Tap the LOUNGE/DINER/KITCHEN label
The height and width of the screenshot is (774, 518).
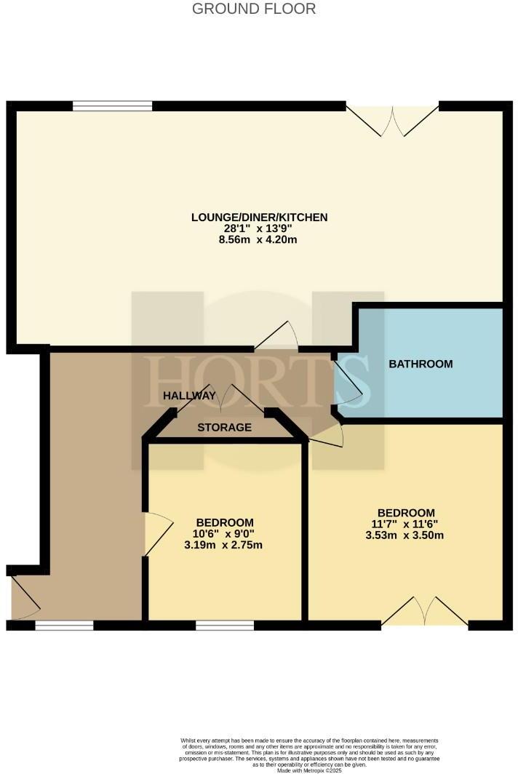tap(259, 217)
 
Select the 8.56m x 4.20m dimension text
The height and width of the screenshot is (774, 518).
tap(259, 239)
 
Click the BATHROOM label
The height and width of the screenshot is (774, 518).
tap(421, 364)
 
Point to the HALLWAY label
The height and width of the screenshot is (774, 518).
tap(189, 396)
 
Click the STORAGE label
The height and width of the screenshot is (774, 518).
tap(224, 427)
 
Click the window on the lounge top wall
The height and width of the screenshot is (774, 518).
tap(112, 106)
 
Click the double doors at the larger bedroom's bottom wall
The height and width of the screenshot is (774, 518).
tap(425, 613)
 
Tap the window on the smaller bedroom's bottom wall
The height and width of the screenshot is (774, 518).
tap(225, 625)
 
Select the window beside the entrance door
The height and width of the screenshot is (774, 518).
tap(64, 625)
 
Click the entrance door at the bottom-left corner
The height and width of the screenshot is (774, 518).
tap(23, 599)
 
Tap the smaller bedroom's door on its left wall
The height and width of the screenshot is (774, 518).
tap(156, 535)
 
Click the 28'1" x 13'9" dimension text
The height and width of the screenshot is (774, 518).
tap(259, 228)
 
